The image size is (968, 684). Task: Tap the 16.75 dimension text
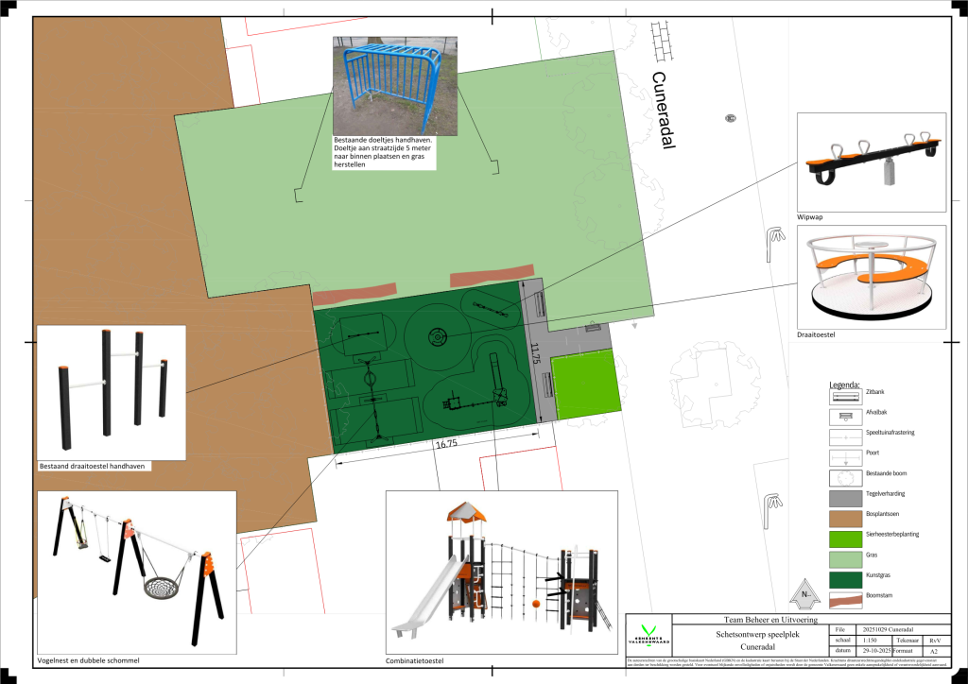pos(446,443)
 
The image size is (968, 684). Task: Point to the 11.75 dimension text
pos(535,352)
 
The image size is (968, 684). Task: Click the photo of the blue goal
pos(394,85)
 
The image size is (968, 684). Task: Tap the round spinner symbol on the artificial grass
pos(438,335)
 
